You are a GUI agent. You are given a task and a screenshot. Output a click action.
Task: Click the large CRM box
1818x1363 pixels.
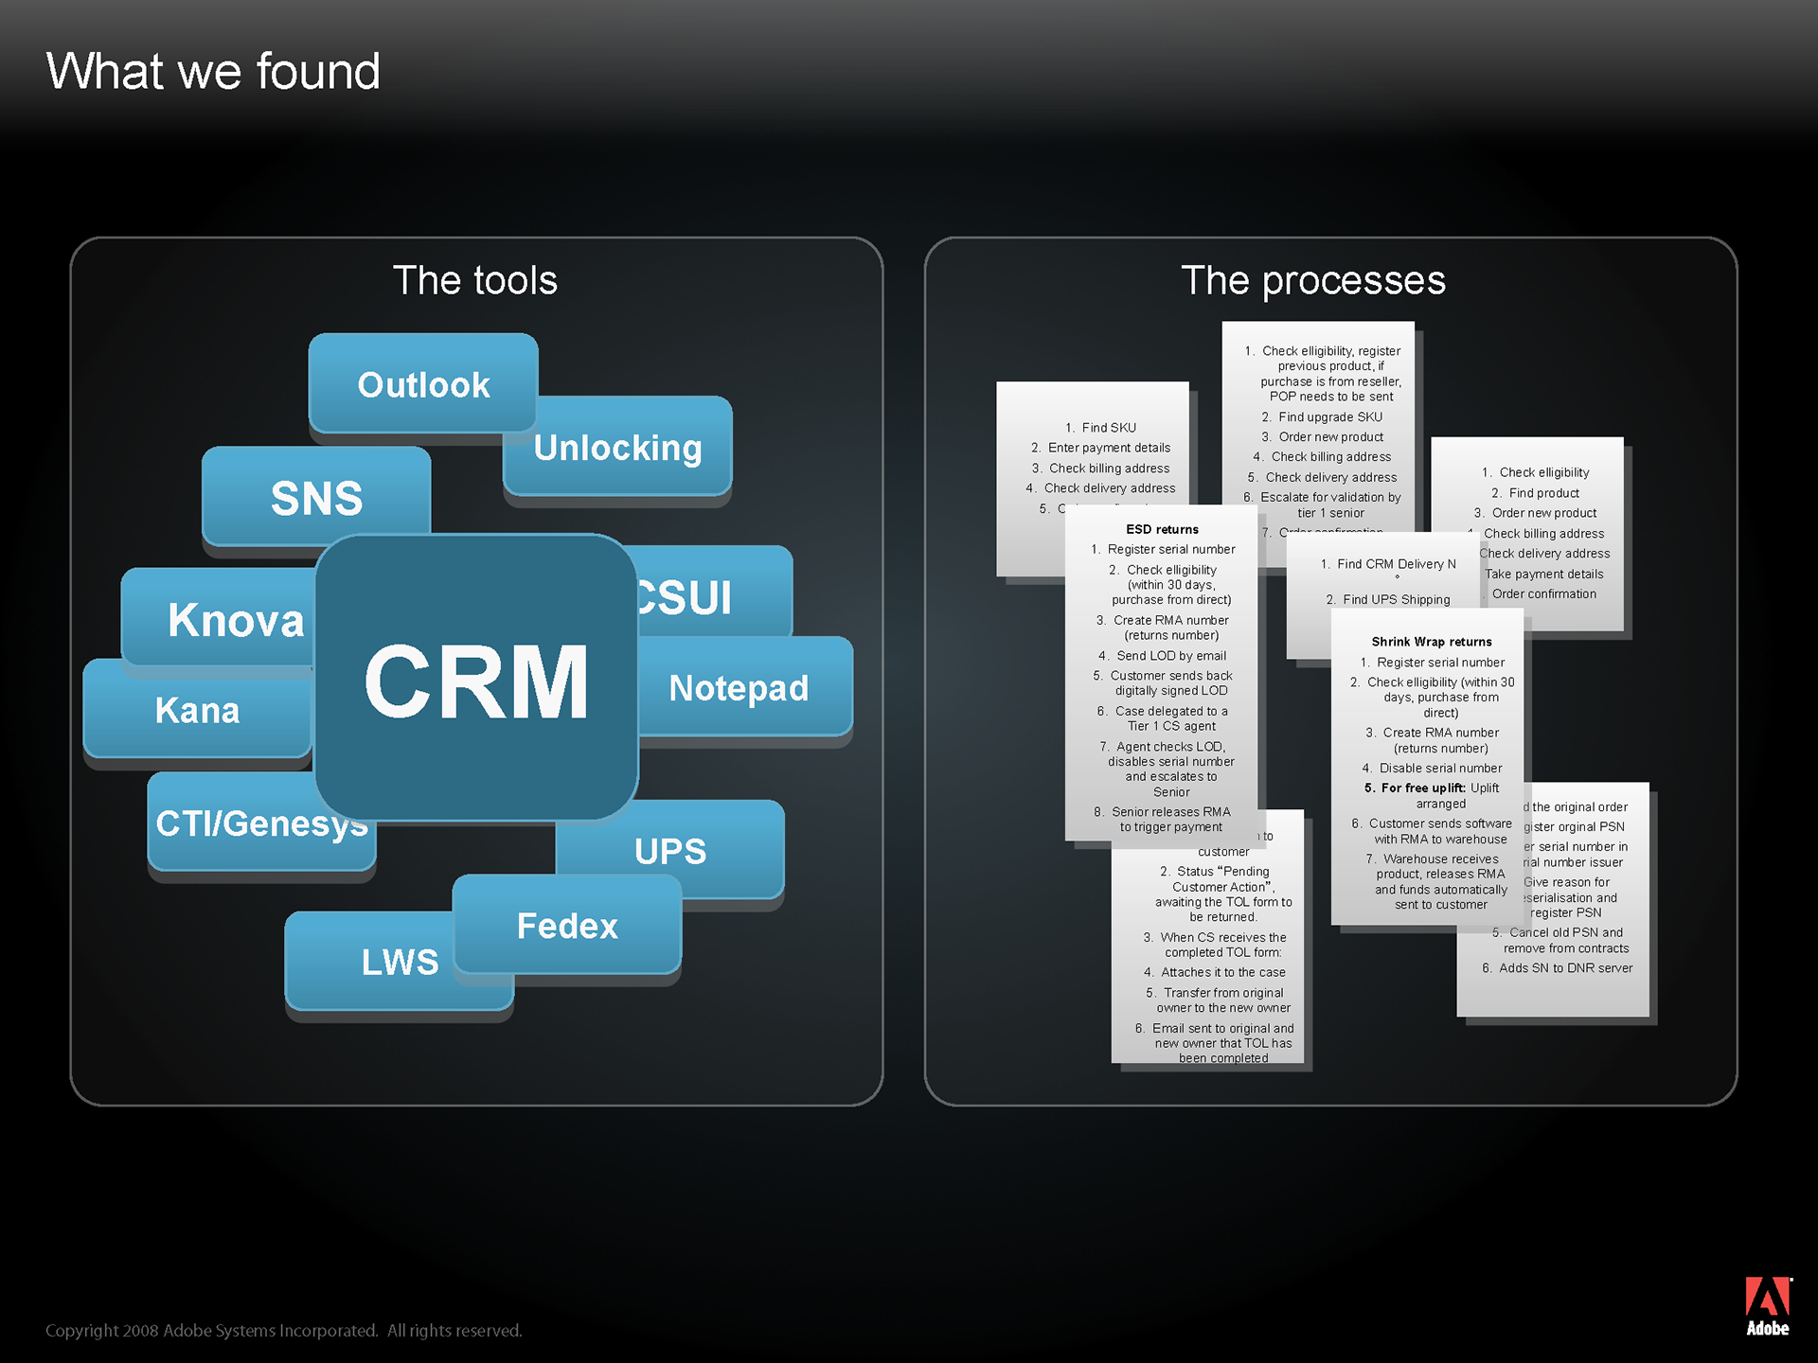[x=476, y=679]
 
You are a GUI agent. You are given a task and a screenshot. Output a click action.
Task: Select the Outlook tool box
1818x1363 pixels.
[x=423, y=384]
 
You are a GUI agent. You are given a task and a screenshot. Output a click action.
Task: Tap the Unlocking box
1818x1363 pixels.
[x=617, y=448]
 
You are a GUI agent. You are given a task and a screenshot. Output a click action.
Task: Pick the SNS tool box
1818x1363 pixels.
[x=316, y=498]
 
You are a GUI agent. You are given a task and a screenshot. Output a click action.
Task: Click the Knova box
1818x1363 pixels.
[x=235, y=620]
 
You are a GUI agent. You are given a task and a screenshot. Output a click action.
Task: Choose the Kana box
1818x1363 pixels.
[x=197, y=710]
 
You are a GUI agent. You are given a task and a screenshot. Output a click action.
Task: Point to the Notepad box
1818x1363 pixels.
[x=739, y=688]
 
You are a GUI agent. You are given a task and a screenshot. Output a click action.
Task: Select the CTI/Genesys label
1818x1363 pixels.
[x=260, y=823]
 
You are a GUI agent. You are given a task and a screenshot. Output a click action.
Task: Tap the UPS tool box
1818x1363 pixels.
[x=670, y=851]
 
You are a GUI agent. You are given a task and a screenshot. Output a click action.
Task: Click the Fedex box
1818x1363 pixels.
[x=567, y=926]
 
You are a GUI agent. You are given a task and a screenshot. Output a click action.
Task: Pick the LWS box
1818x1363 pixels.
[x=400, y=962]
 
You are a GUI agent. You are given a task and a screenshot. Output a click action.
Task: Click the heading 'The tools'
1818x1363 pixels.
[x=475, y=280]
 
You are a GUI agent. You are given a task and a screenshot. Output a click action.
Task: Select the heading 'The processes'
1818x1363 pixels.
[x=1313, y=280]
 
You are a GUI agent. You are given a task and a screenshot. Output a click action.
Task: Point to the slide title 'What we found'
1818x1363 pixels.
[x=213, y=72]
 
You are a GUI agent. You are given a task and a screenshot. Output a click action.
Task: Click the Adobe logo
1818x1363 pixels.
[x=1768, y=1306]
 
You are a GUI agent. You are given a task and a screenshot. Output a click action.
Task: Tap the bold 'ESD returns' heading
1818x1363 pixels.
[x=1162, y=529]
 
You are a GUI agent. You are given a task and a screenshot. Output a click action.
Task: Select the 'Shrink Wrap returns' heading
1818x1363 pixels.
[x=1431, y=642]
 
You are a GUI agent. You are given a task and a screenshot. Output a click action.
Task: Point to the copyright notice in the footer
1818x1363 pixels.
[x=284, y=1331]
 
